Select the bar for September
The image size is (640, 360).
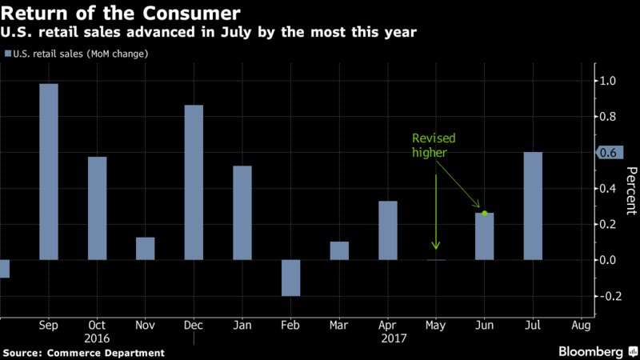coord(49,172)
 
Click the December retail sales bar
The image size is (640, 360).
coord(194,182)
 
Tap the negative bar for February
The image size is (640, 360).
coord(290,278)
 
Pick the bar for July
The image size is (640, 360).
coord(533,206)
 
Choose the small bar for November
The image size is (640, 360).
coord(146,249)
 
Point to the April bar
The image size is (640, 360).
coord(388,230)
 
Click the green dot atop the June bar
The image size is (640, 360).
coord(485,213)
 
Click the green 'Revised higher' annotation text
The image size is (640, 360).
coord(434,146)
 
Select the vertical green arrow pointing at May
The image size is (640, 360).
coord(436,212)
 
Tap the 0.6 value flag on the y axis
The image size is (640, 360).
coord(610,153)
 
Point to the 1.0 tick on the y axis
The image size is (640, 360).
coord(608,81)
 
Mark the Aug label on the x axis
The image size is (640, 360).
coord(581,326)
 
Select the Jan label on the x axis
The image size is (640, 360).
coord(242,326)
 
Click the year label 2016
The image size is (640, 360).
coord(97,338)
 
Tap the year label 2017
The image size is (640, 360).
coord(394,338)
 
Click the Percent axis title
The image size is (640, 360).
coord(630,190)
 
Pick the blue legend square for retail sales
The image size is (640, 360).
coord(8,54)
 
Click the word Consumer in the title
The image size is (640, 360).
coord(191,13)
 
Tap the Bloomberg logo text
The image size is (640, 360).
coord(590,351)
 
